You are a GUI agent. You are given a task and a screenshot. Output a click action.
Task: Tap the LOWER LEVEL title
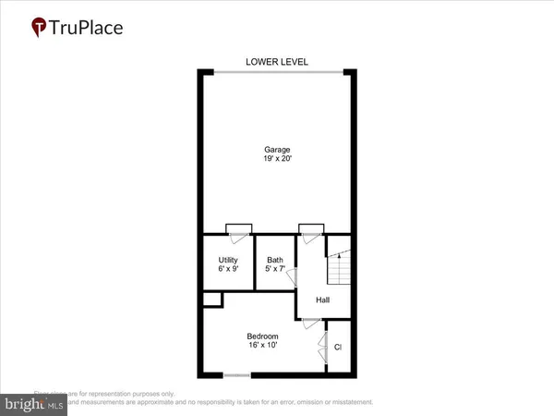click(x=276, y=62)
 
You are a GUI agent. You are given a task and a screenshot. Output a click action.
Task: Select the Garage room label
click(x=276, y=149)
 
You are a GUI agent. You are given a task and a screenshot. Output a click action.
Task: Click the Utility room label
click(x=228, y=260)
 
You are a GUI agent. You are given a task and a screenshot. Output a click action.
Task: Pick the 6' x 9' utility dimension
click(x=228, y=270)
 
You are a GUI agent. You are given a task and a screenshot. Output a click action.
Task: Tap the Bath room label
click(x=275, y=260)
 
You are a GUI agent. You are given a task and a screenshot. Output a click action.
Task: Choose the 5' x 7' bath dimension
click(x=275, y=270)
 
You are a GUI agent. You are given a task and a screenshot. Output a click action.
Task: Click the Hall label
click(x=323, y=300)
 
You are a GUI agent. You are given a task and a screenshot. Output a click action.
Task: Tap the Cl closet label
click(x=338, y=348)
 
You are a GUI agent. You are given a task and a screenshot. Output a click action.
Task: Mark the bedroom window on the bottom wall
click(x=237, y=374)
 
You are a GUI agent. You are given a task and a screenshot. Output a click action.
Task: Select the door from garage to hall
click(x=310, y=229)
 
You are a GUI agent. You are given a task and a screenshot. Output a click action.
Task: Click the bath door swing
click(x=289, y=282)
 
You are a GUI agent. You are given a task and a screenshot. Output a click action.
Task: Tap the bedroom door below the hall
click(x=311, y=323)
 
